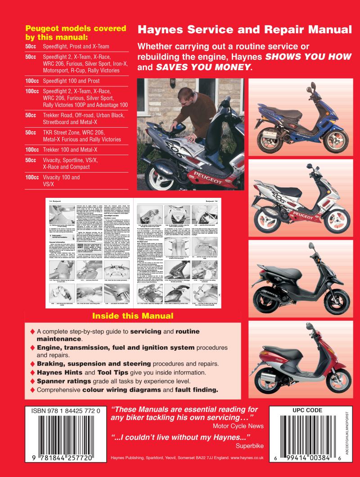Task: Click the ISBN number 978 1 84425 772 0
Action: (67, 410)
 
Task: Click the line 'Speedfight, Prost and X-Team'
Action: (76, 46)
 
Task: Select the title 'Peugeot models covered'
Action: (76, 29)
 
